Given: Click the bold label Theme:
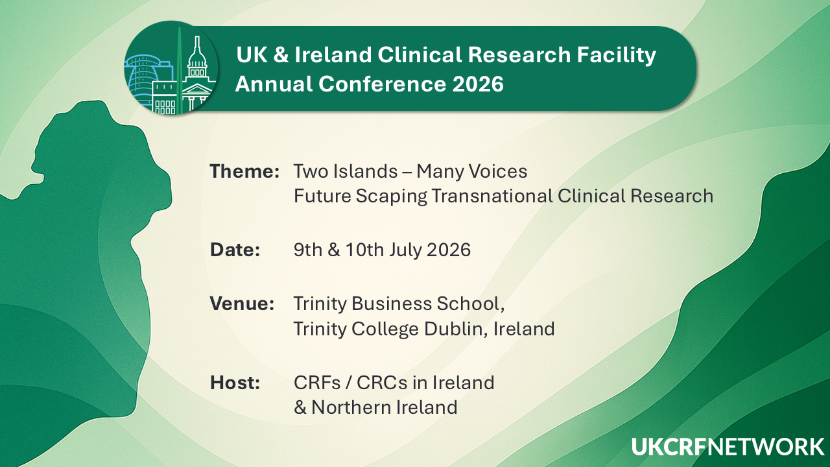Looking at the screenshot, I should tap(244, 172).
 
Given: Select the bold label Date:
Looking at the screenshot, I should tap(235, 250).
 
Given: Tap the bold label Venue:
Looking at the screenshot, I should tap(242, 304).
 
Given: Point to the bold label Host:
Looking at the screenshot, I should tap(235, 383).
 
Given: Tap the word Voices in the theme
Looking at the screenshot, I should tap(499, 172).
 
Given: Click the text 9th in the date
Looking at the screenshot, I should tap(308, 250).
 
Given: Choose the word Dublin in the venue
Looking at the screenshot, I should tap(455, 329).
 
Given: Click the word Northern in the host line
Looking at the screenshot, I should tap(353, 407).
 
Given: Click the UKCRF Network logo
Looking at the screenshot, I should tap(728, 448).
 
